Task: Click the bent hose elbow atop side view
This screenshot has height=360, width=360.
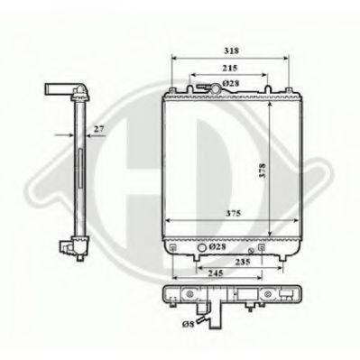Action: pyautogui.click(x=71, y=90)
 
